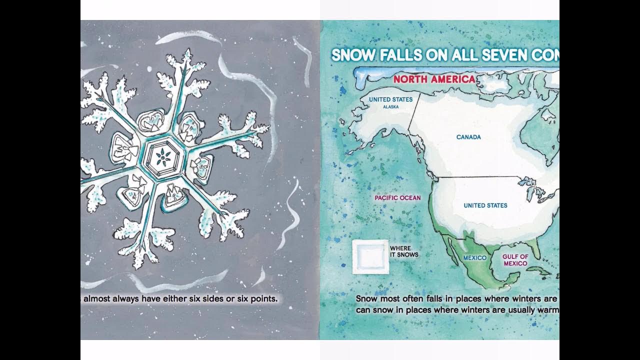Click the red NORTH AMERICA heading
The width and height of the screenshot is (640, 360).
(x=434, y=79)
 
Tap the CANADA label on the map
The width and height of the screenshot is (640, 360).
(x=468, y=137)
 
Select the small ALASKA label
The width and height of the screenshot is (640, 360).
(x=390, y=107)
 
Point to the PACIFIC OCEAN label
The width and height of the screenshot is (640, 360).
(x=397, y=198)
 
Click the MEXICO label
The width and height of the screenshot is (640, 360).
(x=474, y=258)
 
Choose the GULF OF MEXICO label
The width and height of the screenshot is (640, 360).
(x=515, y=260)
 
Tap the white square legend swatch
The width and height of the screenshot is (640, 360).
(x=370, y=257)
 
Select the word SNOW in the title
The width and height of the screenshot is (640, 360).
(x=352, y=55)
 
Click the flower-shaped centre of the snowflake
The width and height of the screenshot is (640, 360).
(x=161, y=158)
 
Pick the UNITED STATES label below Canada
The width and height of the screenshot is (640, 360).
(x=485, y=205)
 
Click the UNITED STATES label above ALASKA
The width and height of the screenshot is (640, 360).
(x=390, y=99)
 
